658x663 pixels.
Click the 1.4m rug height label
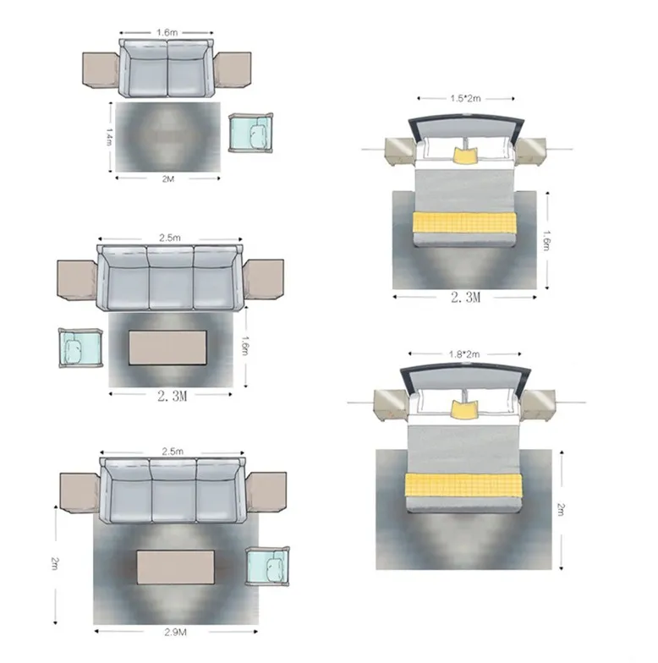(x=109, y=137)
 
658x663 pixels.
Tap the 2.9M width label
(x=176, y=633)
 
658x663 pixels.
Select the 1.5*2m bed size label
(x=465, y=98)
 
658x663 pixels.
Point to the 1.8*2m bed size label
(x=464, y=354)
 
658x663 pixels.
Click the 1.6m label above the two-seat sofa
(x=167, y=32)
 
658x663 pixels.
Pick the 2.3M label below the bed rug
(x=465, y=298)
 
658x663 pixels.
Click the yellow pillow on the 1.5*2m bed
(x=465, y=155)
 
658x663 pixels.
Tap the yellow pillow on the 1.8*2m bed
(x=463, y=409)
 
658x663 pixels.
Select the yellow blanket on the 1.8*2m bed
(x=463, y=485)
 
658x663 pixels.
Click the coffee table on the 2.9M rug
(x=176, y=567)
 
